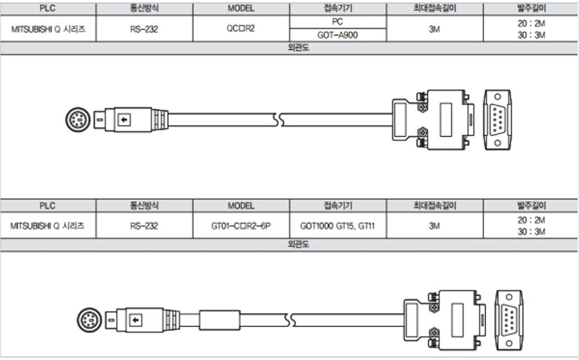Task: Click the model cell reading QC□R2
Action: [x=241, y=30]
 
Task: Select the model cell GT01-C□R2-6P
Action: [x=241, y=226]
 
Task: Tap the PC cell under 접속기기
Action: [x=338, y=22]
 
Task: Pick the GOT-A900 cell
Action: [x=338, y=36]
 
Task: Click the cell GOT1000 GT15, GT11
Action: [x=338, y=226]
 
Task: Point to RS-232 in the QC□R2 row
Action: [x=144, y=30]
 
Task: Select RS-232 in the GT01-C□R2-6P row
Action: [x=144, y=226]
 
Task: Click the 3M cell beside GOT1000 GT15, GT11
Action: [x=434, y=226]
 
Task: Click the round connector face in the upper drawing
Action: [x=77, y=120]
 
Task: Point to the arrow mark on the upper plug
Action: [x=123, y=120]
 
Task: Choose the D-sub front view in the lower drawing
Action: [x=509, y=317]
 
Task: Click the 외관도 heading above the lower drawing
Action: [x=289, y=244]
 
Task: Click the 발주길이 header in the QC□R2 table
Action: [x=531, y=9]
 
